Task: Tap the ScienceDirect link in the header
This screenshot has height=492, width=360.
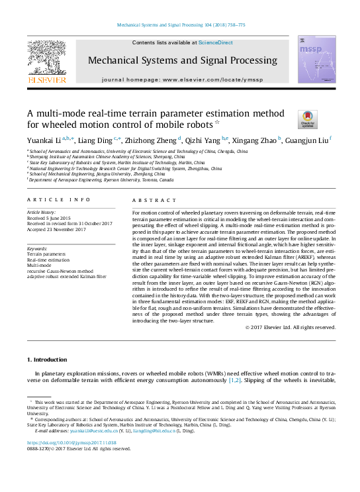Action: (x=216, y=42)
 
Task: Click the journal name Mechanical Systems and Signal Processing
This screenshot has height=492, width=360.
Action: (x=183, y=60)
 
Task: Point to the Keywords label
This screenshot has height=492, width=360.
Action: (x=38, y=248)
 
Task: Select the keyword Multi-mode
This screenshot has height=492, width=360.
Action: (x=40, y=264)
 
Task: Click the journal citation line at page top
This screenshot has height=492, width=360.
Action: (x=181, y=25)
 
